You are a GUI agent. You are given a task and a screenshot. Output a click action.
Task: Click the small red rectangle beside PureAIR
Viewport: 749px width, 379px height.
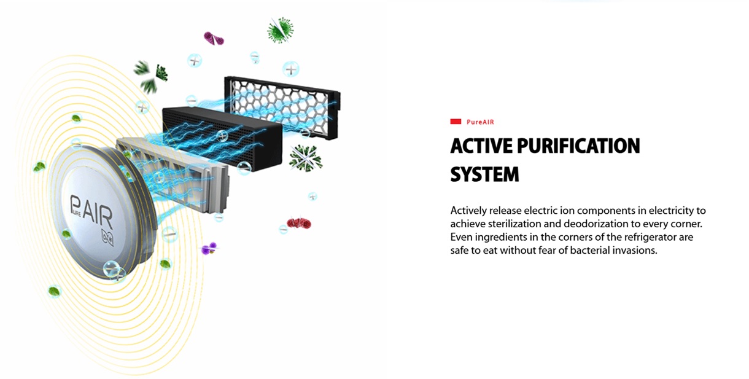pos(456,122)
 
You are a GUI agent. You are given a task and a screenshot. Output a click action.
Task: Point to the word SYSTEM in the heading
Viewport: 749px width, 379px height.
pos(484,174)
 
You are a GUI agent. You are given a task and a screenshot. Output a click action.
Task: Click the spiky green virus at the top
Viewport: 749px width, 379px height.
pos(280,29)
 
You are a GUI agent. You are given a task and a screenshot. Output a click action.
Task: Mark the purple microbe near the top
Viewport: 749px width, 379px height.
pos(214,38)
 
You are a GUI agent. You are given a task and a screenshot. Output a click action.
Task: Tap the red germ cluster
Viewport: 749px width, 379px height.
pos(299,222)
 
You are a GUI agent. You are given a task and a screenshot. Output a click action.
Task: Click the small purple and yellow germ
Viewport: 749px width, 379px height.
pos(209,248)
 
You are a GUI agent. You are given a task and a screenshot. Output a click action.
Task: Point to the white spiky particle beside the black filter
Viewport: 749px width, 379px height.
pos(305,158)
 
